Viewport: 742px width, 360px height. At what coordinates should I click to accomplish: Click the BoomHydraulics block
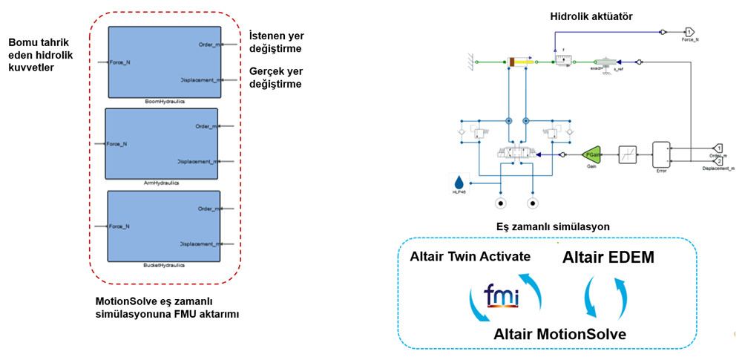[164, 62]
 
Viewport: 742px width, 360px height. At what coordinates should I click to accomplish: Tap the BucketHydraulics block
[164, 226]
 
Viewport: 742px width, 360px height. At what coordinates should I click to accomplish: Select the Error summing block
[660, 154]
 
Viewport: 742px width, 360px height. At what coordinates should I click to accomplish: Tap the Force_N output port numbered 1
[689, 32]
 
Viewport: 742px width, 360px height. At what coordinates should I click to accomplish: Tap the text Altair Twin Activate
[470, 257]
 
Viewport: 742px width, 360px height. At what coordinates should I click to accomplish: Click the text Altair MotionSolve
[559, 334]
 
